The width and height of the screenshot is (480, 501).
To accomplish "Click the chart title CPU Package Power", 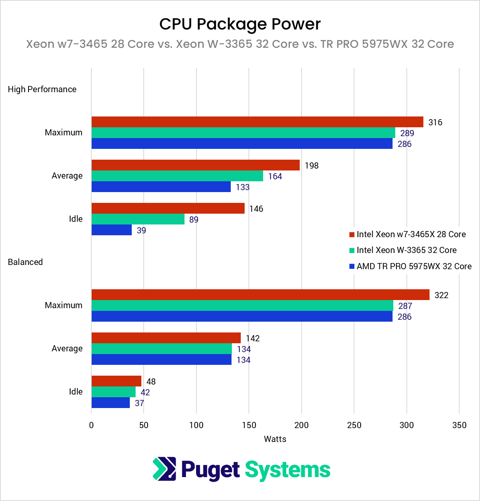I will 240,24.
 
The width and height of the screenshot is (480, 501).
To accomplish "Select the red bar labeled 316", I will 257,122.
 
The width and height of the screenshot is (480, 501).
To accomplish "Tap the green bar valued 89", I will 138,219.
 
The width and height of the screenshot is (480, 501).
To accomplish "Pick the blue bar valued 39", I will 112,230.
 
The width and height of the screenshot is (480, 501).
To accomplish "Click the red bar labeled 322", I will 260,295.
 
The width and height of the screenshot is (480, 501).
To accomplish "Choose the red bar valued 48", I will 116,381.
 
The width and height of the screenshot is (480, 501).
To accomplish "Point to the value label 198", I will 312,165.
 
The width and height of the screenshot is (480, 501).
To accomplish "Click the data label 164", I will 275,176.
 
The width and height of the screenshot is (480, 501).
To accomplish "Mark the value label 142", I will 253,338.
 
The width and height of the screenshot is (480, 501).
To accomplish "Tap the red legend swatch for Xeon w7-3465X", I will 352,234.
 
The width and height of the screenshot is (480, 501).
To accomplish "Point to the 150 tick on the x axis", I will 249,425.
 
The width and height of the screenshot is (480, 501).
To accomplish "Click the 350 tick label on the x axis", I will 459,425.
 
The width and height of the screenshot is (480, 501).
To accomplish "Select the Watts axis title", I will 275,439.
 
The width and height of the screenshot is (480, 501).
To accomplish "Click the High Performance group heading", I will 42,89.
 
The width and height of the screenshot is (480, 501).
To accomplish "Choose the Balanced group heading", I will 25,262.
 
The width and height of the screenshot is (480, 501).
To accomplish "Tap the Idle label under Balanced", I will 76,391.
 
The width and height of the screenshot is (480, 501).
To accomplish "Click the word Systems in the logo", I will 287,470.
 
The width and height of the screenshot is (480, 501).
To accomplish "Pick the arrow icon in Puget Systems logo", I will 164,469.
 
